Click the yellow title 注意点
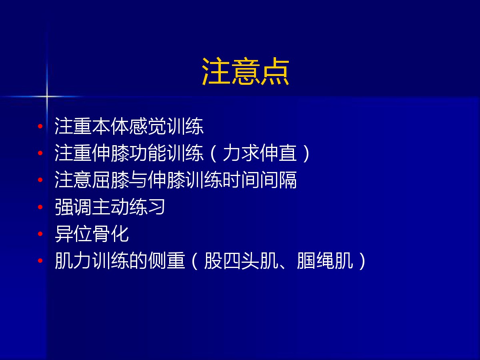[x=245, y=71]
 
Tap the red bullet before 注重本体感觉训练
[x=40, y=126]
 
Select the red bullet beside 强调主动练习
[x=40, y=207]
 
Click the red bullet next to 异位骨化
[x=40, y=234]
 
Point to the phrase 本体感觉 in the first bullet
[x=129, y=126]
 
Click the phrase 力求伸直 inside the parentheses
[x=260, y=153]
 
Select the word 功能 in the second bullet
[x=148, y=153]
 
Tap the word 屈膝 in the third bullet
[x=110, y=180]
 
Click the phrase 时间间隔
[x=260, y=180]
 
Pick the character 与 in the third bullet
[x=138, y=180]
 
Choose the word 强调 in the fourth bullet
[x=73, y=207]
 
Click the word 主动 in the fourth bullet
[x=110, y=207]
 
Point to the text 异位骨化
[x=92, y=234]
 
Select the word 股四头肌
[x=241, y=260]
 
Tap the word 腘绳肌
[x=325, y=260]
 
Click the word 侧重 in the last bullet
[x=166, y=260]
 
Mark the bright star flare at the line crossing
[x=46, y=96]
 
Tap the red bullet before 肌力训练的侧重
[x=40, y=260]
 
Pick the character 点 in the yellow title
[x=275, y=71]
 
